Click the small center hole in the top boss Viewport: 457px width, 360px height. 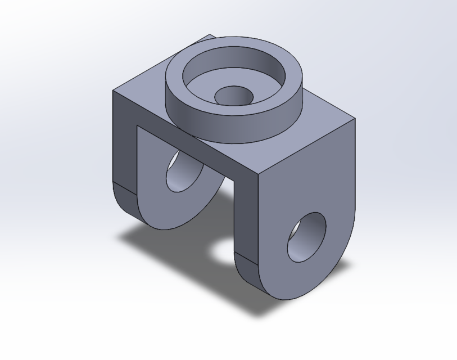pos(233,96)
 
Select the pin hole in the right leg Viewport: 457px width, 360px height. pos(306,237)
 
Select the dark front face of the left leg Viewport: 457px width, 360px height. pos(125,152)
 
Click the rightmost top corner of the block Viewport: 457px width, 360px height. pos(355,119)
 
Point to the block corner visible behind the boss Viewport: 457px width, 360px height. pos(212,35)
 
